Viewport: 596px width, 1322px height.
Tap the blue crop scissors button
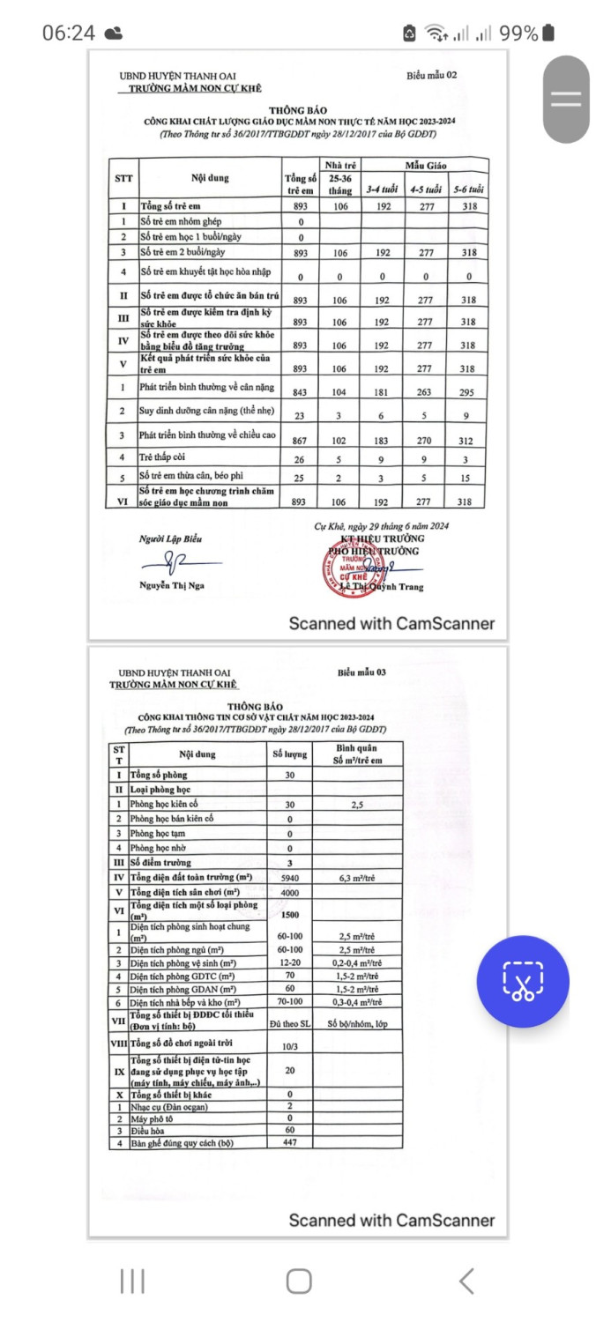[x=522, y=981]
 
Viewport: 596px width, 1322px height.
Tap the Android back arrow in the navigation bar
[x=466, y=1281]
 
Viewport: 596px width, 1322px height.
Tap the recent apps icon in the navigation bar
[x=131, y=1281]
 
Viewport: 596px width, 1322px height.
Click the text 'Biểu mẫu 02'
[x=431, y=75]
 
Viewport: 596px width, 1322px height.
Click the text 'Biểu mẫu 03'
[x=361, y=672]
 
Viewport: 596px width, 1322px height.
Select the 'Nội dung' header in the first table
[x=210, y=177]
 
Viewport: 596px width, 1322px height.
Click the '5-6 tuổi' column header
[x=468, y=189]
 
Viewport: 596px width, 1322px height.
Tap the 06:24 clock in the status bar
[x=68, y=33]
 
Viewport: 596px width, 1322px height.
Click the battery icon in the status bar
[x=548, y=33]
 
